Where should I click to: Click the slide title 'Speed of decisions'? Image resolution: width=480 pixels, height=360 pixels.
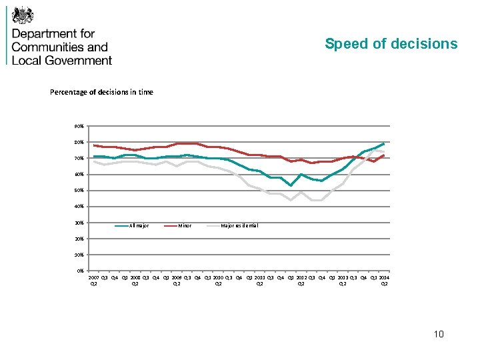(391, 44)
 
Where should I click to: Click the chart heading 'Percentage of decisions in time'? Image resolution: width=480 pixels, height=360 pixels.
(101, 92)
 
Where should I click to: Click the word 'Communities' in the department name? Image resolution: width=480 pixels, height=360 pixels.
(59, 47)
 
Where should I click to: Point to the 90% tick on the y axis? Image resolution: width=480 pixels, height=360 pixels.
(79, 126)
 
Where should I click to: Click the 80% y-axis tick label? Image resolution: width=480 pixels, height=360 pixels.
(79, 142)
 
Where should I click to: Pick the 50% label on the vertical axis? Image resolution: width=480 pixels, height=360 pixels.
(79, 191)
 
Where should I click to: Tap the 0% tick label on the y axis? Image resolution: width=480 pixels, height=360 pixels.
(80, 271)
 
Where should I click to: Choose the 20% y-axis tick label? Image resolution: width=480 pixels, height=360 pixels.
(79, 239)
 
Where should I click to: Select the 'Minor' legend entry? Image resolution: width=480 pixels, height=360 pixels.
(185, 226)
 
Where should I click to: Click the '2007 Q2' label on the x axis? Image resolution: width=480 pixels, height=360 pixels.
(94, 280)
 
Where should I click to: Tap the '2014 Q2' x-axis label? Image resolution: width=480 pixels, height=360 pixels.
(384, 280)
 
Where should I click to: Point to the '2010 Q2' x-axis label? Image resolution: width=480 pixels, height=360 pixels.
(218, 280)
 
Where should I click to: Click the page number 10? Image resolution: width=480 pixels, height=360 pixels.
(437, 334)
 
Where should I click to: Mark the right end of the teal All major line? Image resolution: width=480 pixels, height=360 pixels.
(384, 143)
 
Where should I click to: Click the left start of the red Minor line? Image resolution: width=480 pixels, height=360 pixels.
(94, 145)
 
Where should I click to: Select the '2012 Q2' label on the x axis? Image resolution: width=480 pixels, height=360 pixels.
(301, 280)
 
